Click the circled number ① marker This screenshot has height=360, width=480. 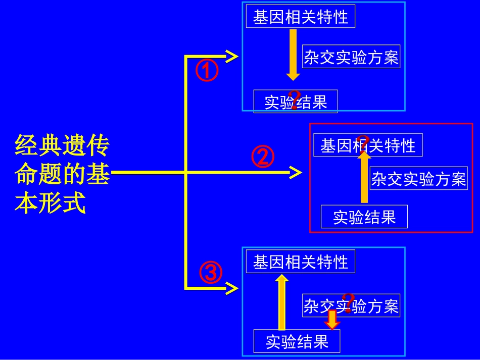pyautogui.click(x=207, y=71)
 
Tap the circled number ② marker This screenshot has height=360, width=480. pyautogui.click(x=263, y=158)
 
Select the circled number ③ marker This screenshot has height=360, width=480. pyautogui.click(x=211, y=273)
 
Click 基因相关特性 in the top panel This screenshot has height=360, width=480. pyautogui.click(x=301, y=17)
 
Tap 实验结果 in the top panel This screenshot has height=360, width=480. pyautogui.click(x=296, y=102)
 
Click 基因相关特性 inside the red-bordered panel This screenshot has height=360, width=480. pyautogui.click(x=368, y=145)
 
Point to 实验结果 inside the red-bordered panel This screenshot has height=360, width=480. pyautogui.click(x=364, y=217)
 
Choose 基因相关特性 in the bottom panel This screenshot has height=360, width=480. pyautogui.click(x=301, y=262)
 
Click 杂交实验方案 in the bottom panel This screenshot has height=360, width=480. pyautogui.click(x=351, y=305)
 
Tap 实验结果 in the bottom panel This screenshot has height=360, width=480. pyautogui.click(x=297, y=341)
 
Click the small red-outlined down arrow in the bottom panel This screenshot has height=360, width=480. pyautogui.click(x=332, y=320)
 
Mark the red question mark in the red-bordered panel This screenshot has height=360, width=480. pyautogui.click(x=362, y=142)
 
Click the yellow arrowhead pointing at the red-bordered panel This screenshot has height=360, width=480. pyautogui.click(x=295, y=173)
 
